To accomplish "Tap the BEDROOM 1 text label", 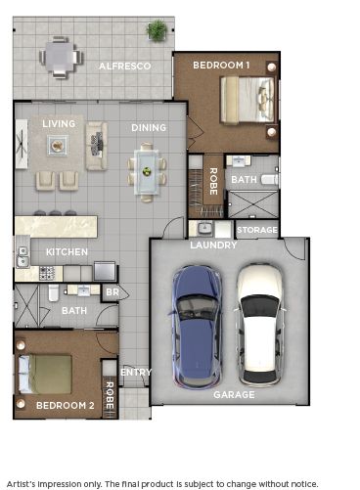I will tap(221, 65).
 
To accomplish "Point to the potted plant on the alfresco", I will tap(157, 31).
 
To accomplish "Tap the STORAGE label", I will tap(257, 232).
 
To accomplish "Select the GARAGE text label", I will tap(234, 395).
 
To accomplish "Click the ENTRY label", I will tap(135, 372).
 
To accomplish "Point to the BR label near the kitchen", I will tap(112, 291).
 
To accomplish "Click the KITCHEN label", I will tap(66, 251).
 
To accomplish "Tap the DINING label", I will tap(149, 127).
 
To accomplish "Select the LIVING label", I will tap(59, 123).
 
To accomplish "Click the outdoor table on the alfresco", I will tap(61, 57).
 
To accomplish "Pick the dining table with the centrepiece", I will tap(147, 172).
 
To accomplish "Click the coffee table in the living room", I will tap(57, 146).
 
